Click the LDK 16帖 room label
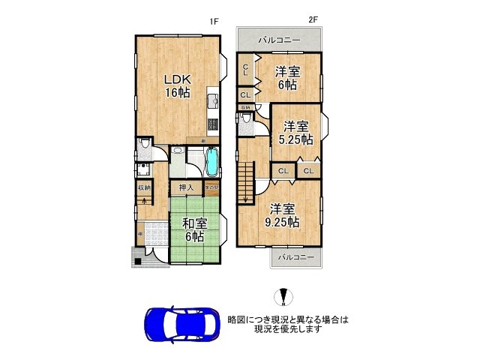point(177,86)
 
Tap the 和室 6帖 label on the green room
point(193,228)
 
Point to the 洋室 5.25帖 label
point(295,133)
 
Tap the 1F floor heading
point(214,22)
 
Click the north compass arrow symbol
point(283,298)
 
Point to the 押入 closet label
point(186,187)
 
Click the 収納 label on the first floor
point(143,187)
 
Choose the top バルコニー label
point(279,39)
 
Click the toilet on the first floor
point(145,149)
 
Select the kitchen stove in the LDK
point(212,124)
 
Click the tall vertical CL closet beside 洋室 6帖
point(245,70)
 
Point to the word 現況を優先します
point(288,328)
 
